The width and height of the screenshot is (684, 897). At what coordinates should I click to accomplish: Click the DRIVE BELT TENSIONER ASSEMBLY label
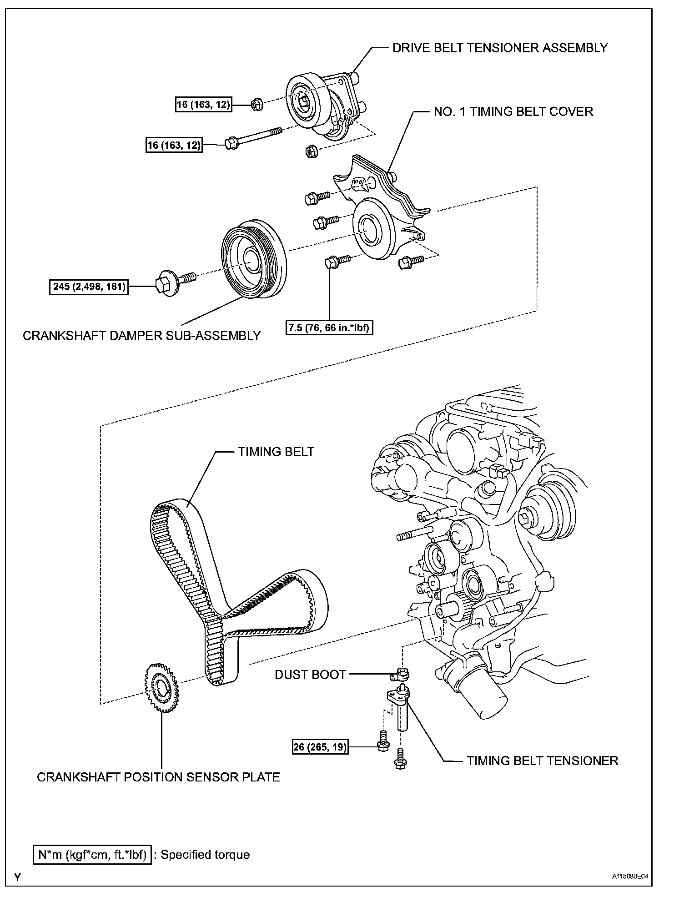(500, 48)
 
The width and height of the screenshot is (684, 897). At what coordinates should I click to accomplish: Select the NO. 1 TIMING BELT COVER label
(513, 112)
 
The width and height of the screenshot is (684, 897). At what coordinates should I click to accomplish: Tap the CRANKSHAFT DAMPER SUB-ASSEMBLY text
(142, 336)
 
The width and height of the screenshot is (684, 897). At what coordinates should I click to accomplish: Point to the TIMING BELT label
(276, 452)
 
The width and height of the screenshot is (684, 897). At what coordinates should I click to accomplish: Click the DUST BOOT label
(310, 675)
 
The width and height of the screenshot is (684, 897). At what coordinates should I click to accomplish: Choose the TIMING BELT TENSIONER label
(543, 761)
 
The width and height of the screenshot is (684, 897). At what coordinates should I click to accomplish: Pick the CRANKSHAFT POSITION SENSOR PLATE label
(158, 776)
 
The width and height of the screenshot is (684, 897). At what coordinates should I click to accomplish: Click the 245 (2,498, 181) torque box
(89, 287)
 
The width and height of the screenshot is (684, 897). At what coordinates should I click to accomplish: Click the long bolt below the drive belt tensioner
(252, 137)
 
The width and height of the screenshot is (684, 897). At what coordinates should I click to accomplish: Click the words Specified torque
(205, 855)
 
